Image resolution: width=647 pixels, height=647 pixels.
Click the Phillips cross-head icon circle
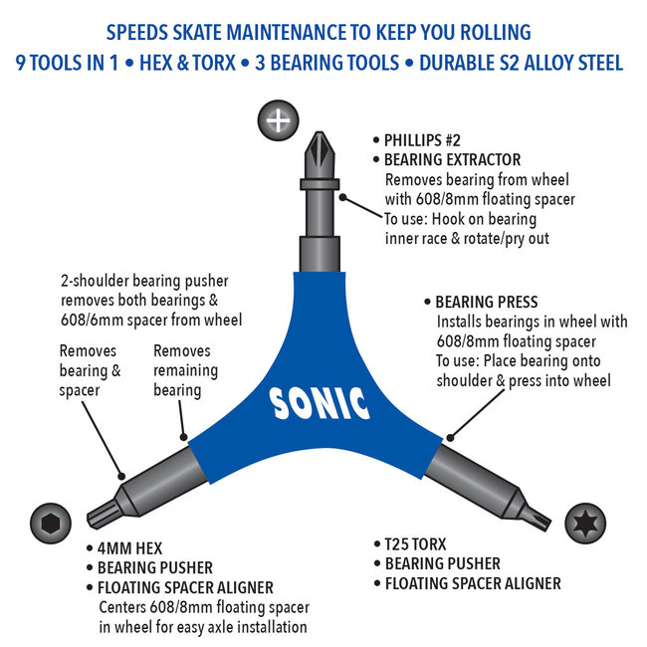click(x=280, y=121)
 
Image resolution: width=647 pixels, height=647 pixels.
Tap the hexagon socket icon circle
click(x=49, y=522)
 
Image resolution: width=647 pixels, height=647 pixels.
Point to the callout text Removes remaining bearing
click(x=185, y=370)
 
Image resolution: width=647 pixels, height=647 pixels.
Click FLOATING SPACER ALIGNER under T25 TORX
click(x=473, y=583)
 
